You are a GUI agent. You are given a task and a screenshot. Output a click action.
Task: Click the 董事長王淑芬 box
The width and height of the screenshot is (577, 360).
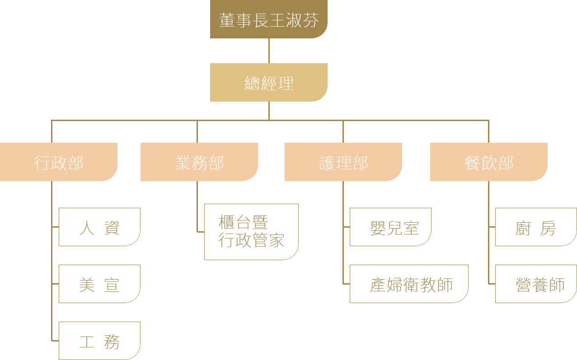tap(269, 19)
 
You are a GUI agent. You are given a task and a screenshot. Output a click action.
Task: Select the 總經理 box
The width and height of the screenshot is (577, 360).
tap(269, 82)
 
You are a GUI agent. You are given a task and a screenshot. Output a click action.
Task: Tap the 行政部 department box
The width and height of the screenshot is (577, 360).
tap(59, 162)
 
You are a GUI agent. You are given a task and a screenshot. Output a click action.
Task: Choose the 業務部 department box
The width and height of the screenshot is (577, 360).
tap(199, 162)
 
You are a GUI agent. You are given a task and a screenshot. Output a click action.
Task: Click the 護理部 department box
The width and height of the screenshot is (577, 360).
tap(343, 162)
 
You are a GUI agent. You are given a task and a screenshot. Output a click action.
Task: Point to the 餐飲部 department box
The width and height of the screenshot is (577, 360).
tap(489, 162)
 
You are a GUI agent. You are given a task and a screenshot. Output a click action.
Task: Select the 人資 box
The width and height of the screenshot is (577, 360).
tap(100, 227)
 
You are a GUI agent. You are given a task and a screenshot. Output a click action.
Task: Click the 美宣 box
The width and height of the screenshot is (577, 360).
tap(100, 284)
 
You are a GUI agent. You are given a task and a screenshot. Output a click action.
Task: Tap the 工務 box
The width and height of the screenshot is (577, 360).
tap(100, 341)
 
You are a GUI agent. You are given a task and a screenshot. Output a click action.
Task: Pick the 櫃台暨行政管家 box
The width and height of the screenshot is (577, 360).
tap(251, 232)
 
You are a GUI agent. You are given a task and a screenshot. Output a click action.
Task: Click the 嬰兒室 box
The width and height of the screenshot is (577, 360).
tap(390, 227)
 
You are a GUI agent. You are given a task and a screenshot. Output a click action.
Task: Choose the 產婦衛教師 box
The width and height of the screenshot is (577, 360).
tap(409, 284)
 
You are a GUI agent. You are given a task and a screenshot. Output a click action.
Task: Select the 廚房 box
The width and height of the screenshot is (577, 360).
tap(536, 227)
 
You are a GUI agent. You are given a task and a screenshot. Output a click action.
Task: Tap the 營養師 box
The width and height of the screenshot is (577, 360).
tap(536, 284)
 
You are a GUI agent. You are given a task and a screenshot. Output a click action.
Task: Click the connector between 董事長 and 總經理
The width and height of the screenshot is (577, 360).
tap(269, 51)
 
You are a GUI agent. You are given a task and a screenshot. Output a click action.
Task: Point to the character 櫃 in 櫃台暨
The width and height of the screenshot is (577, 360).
tap(226, 222)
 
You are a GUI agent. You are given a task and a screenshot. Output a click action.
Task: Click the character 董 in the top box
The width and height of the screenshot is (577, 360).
tap(227, 20)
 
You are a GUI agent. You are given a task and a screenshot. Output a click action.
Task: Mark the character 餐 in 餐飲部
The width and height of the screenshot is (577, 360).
tap(472, 163)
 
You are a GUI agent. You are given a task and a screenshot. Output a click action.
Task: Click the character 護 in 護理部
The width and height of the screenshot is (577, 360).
tap(327, 163)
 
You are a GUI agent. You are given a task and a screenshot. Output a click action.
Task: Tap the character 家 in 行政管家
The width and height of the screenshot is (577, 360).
tap(277, 240)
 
